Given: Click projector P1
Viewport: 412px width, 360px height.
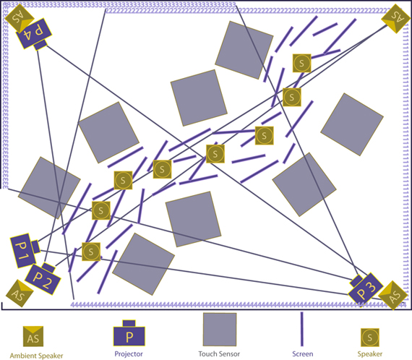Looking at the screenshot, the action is click(25, 250).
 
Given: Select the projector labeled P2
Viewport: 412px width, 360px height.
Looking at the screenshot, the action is click(43, 278).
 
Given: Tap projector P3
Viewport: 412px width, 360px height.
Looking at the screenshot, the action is click(365, 289).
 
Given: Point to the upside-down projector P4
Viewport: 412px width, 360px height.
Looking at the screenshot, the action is click(34, 34).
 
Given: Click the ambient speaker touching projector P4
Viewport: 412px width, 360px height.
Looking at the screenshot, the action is click(20, 17).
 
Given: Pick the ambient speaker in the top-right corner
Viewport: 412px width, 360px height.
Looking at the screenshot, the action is click(395, 18).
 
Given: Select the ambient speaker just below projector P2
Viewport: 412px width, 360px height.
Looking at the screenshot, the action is click(20, 293).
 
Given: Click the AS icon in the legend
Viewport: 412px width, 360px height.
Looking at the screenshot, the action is click(33, 336).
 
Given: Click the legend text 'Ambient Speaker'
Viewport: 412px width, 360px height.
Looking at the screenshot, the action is click(37, 356).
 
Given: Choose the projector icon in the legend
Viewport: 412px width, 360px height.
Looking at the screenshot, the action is click(129, 333).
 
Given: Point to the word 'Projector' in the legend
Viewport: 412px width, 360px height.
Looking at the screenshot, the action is click(129, 354).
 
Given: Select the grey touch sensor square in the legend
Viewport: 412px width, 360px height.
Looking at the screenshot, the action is click(220, 329).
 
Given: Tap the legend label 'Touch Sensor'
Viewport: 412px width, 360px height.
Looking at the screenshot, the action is click(219, 354).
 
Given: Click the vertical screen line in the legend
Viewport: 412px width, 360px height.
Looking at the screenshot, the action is click(302, 329).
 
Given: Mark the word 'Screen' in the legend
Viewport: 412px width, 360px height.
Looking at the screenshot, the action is click(303, 354).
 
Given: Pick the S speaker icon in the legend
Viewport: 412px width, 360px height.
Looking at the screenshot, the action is click(370, 338).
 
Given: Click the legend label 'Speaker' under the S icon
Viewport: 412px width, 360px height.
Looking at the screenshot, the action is click(369, 354).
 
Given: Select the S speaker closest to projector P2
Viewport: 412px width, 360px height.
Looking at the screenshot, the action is click(91, 252).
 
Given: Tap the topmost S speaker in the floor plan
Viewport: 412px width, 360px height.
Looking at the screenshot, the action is click(302, 63).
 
